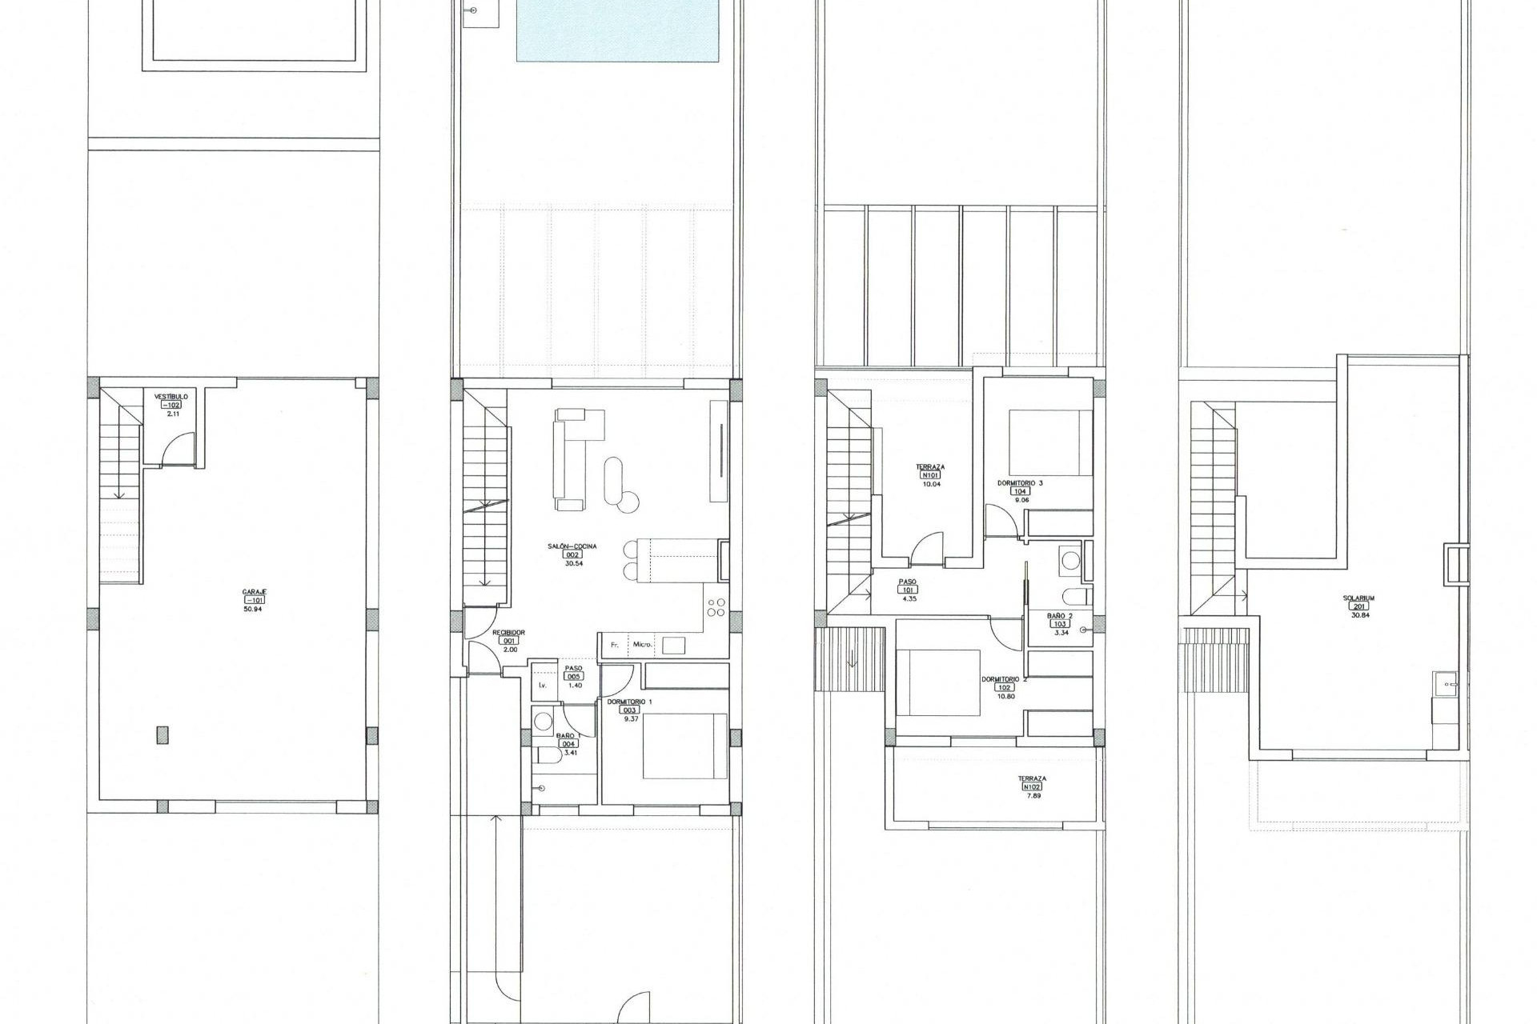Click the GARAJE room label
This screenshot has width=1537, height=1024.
pyautogui.click(x=255, y=591)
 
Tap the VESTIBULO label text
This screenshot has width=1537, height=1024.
pyautogui.click(x=171, y=396)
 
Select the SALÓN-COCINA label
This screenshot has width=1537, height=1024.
pyautogui.click(x=572, y=546)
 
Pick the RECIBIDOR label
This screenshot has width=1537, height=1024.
pyautogui.click(x=509, y=632)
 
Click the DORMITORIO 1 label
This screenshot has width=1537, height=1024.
pyautogui.click(x=630, y=701)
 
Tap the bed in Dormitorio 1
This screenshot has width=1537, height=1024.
pyautogui.click(x=685, y=746)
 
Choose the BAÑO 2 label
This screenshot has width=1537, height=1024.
pyautogui.click(x=1060, y=615)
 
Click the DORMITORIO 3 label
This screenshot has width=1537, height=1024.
pyautogui.click(x=1020, y=483)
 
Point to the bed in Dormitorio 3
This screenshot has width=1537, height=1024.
pyautogui.click(x=1050, y=442)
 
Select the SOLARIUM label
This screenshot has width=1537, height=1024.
pyautogui.click(x=1358, y=598)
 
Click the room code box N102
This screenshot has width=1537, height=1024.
pyautogui.click(x=1032, y=786)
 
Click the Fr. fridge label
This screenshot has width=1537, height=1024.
pyautogui.click(x=616, y=644)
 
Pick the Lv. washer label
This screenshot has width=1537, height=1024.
pyautogui.click(x=543, y=686)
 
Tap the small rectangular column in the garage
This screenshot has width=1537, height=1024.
pyautogui.click(x=163, y=734)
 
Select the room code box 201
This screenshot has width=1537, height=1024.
pyautogui.click(x=1358, y=606)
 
